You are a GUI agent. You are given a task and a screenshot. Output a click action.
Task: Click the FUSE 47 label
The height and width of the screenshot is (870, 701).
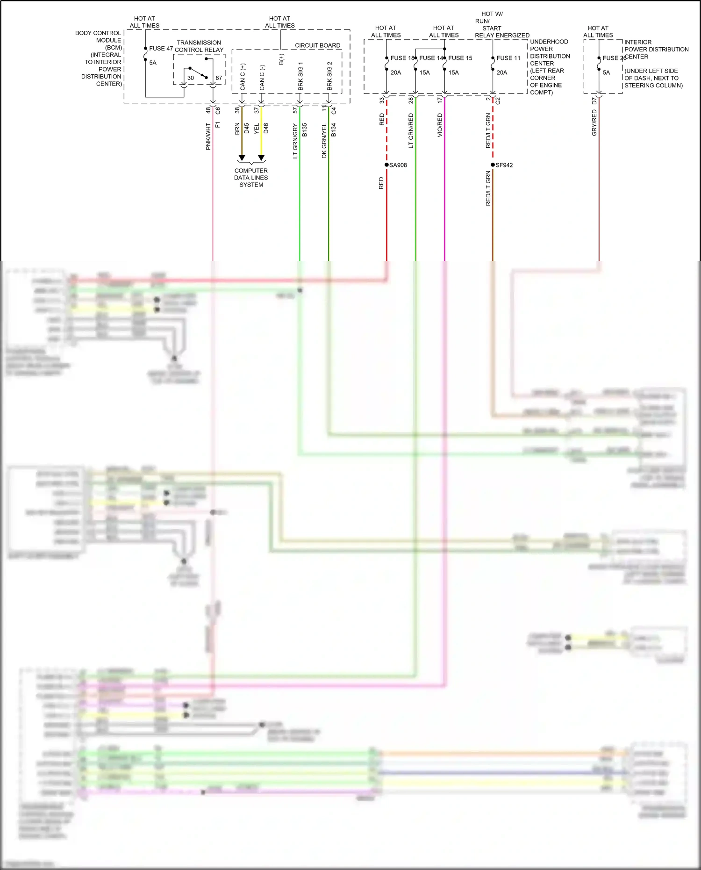coord(161,49)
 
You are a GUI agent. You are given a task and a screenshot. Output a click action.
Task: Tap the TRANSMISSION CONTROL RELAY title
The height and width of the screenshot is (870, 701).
coord(199,46)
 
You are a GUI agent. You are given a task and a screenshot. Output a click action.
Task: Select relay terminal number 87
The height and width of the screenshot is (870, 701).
coord(219,78)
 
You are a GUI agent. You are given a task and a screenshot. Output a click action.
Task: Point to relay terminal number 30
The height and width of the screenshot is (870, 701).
coord(190,78)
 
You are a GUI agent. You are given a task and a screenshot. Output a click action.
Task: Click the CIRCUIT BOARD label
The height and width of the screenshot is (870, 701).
coord(317,45)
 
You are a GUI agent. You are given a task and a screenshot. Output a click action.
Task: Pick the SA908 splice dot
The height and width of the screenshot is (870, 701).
coord(386,165)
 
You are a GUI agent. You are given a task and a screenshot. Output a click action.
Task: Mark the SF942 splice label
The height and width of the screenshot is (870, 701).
coord(504,165)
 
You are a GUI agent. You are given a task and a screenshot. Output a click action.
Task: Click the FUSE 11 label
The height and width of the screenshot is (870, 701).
coord(508,58)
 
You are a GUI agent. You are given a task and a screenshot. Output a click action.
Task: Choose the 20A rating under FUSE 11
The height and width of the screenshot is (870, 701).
coord(502,72)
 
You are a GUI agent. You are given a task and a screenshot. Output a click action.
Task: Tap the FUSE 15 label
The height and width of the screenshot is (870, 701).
coord(460,58)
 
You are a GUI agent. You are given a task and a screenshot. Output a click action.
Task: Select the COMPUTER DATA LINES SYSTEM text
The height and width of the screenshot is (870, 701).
coord(251,178)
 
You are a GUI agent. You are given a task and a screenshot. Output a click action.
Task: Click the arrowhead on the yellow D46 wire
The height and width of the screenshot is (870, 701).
coord(261,158)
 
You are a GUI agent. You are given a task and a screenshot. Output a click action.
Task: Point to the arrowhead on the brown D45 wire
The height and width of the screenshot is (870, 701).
coord(242,158)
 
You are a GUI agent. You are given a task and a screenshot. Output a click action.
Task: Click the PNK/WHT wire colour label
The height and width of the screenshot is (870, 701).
coord(208,137)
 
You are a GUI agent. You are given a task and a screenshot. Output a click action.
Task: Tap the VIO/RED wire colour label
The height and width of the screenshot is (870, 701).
coord(440,125)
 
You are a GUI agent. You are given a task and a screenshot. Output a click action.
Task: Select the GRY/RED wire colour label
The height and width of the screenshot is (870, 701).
coord(594,123)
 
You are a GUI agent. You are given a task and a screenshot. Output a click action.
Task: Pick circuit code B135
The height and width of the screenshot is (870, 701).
coord(304,130)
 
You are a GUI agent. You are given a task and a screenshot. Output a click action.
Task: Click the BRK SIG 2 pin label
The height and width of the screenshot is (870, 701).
coord(329,76)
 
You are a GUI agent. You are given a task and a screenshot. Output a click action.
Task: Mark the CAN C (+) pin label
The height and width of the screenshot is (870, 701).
coord(243,77)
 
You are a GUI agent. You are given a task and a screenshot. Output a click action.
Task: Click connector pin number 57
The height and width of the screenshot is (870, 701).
coord(295,110)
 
